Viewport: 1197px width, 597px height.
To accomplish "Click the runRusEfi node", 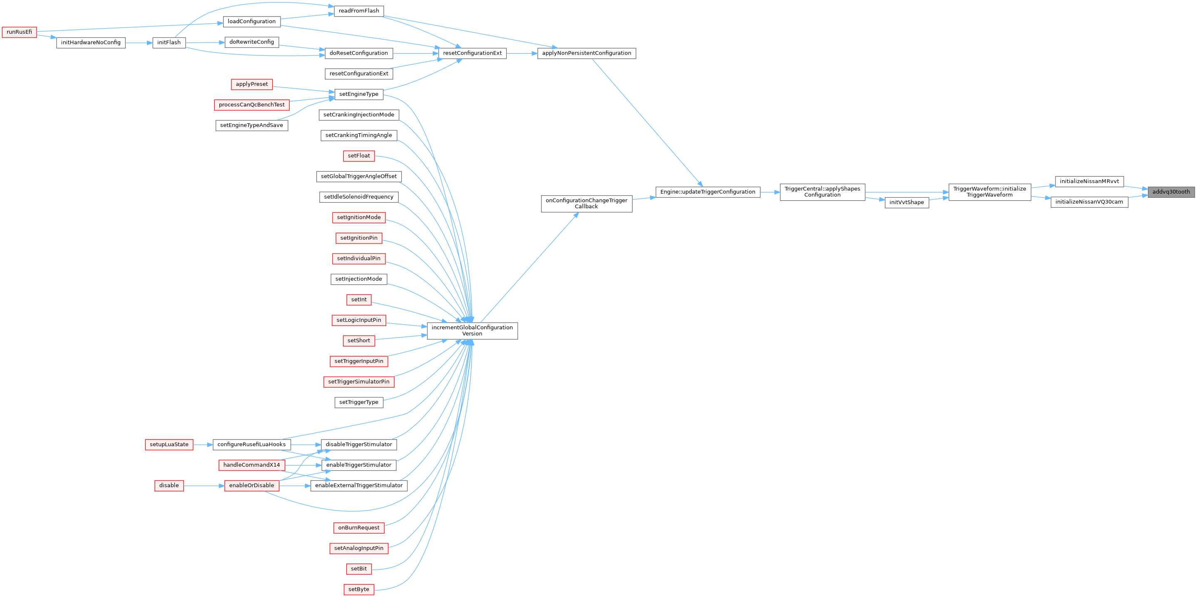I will coord(20,32).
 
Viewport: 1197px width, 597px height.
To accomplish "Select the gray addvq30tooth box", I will coord(1171,192).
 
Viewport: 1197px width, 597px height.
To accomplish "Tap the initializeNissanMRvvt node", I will coord(1089,182).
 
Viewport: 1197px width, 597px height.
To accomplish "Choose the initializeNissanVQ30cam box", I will coord(1089,202).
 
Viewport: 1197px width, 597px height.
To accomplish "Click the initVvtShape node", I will coord(906,202).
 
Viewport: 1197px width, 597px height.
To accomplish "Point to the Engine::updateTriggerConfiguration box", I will coord(708,192).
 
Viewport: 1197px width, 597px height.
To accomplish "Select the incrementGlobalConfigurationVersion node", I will coord(472,331).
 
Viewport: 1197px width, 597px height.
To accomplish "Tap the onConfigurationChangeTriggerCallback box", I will coord(586,203).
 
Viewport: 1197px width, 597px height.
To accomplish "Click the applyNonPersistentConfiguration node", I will coord(586,53).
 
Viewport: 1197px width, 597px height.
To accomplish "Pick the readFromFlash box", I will coord(359,11).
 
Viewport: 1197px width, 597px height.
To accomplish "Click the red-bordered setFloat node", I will coord(359,156).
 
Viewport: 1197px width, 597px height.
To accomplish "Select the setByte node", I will coord(359,589).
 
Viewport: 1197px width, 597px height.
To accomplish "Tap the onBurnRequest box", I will coord(359,528).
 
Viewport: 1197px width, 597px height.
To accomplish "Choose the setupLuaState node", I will coord(169,445).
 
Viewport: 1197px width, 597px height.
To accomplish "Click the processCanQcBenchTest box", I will coord(251,104).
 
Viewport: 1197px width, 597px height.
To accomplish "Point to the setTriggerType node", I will coord(359,402).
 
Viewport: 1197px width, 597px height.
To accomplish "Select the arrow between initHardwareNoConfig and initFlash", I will coord(139,42).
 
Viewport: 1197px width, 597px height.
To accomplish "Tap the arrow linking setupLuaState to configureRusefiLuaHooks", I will coord(203,445).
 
